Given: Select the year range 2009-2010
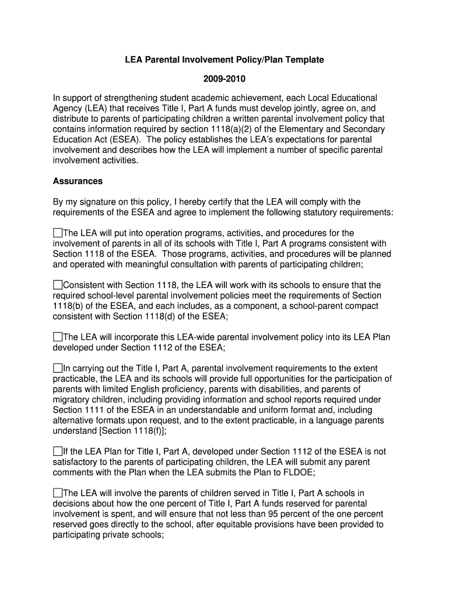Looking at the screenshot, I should click(224, 79).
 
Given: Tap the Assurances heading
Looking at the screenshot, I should click(78, 181).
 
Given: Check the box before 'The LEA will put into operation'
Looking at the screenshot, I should click(57, 233).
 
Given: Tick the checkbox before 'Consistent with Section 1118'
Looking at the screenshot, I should click(57, 285).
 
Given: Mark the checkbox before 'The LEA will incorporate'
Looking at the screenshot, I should click(57, 337).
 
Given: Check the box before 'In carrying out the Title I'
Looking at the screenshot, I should click(57, 368).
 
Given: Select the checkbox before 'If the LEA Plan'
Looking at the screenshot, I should click(57, 451).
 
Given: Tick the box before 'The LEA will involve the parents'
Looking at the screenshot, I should click(57, 493).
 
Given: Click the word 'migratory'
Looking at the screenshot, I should click(71, 399).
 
